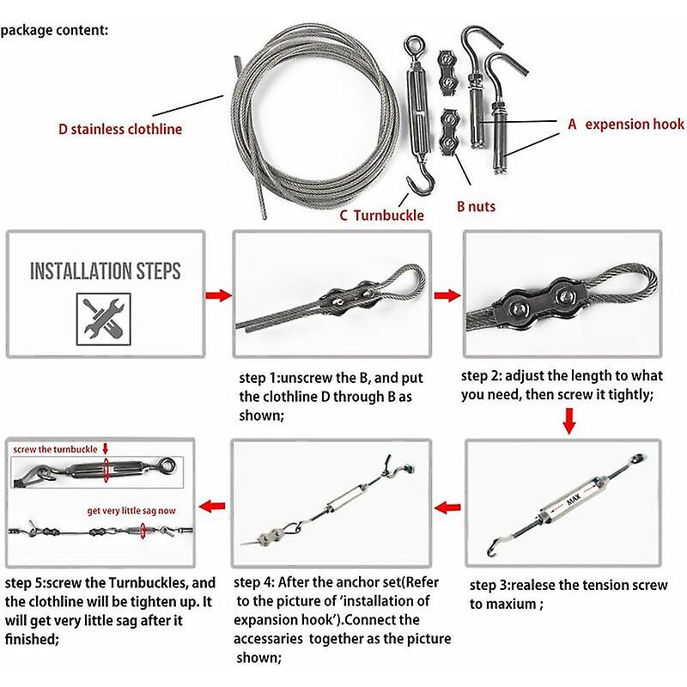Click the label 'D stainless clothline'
point(119,130)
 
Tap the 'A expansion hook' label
point(626,125)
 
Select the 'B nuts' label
point(476,206)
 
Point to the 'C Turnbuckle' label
point(381,216)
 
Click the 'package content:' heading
point(54,30)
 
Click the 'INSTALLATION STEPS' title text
point(106,272)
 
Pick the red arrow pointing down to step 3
point(568,420)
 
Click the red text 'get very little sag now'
point(131,510)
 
